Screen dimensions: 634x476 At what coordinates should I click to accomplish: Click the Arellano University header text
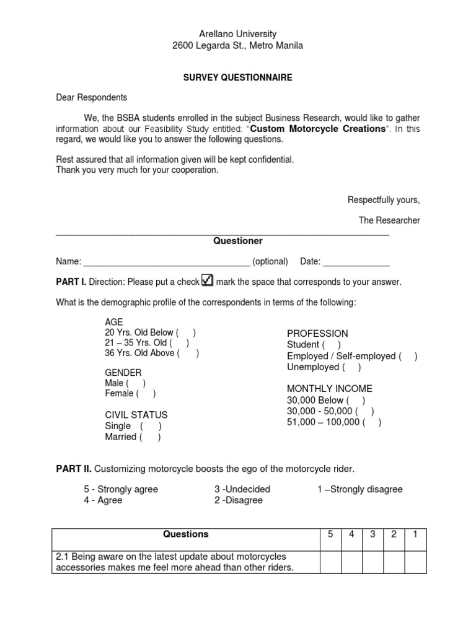[x=237, y=34]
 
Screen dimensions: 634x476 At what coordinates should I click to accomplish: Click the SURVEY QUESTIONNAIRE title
[x=237, y=78]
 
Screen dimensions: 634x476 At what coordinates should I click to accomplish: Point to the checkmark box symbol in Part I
[x=207, y=280]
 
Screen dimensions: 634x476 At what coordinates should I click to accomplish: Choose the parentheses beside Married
[x=151, y=437]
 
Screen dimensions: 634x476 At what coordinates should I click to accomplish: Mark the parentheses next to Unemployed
[x=351, y=367]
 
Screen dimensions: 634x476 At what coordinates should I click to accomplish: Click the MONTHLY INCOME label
[x=329, y=389]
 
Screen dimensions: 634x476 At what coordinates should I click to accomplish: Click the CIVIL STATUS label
[x=136, y=415]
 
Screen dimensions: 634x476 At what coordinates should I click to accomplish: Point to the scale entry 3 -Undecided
[x=242, y=489]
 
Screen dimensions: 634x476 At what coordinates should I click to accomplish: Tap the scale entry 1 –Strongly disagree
[x=359, y=489]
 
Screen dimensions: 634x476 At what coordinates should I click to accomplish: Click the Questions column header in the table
[x=185, y=534]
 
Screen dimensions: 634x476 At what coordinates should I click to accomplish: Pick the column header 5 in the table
[x=330, y=534]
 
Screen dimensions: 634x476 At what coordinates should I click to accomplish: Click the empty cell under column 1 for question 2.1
[x=415, y=562]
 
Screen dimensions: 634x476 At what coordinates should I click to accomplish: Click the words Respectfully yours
[x=383, y=200]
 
